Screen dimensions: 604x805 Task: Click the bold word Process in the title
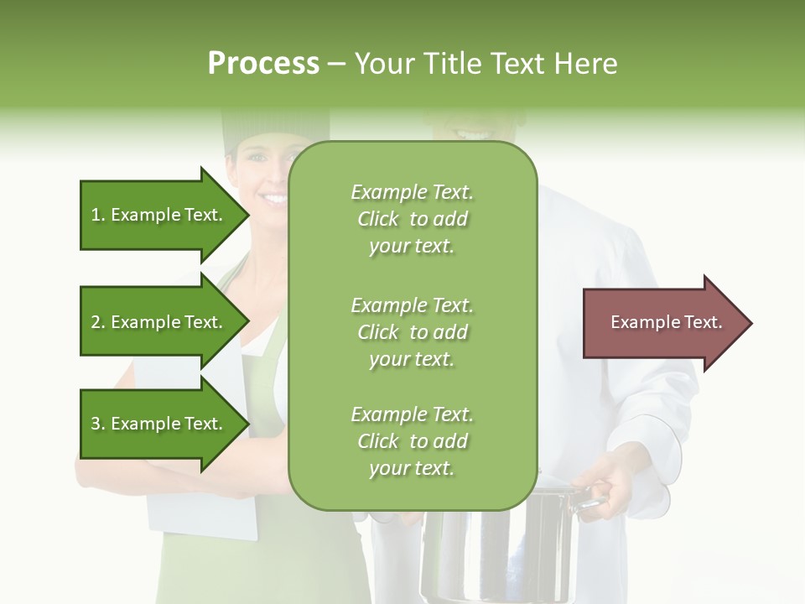[x=263, y=64]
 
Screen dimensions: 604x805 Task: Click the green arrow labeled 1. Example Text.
[x=156, y=215]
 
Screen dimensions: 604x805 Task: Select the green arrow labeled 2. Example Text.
[x=156, y=322]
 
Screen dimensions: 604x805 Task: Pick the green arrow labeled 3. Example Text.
[x=156, y=424]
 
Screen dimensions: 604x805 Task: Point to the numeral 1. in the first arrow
[x=98, y=215]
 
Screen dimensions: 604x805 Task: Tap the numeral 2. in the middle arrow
[x=98, y=322]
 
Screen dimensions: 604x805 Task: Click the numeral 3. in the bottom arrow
[x=98, y=424]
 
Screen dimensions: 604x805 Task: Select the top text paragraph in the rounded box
[x=412, y=219]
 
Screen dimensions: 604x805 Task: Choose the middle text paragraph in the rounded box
[x=412, y=332]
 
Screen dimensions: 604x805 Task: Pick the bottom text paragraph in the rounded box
[x=412, y=441]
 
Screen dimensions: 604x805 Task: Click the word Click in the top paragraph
[x=378, y=219]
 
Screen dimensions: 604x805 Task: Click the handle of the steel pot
[x=590, y=502]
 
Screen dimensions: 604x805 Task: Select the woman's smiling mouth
[x=273, y=199]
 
